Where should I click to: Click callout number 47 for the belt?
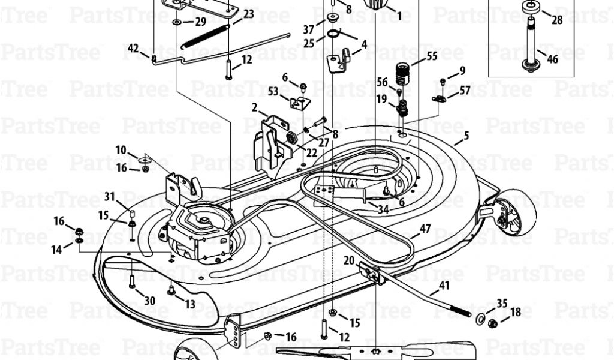coord(425,228)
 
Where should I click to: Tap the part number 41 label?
coord(444,286)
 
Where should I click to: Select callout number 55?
coord(432,56)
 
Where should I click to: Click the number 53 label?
coord(273,91)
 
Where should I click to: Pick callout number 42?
coord(133,48)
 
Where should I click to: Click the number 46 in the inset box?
coord(552,59)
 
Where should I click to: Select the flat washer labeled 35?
coord(481,317)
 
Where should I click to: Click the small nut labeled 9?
coord(443,80)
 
